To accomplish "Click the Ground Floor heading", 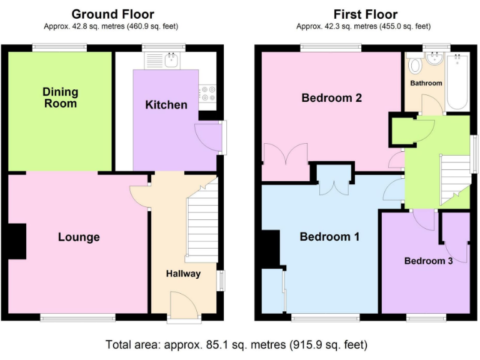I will pyautogui.click(x=112, y=14).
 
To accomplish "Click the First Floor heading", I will pyautogui.click(x=365, y=14).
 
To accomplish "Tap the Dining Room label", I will pyautogui.click(x=61, y=97).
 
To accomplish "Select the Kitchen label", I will pyautogui.click(x=166, y=104).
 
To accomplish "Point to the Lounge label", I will pyautogui.click(x=79, y=237).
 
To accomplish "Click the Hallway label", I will pyautogui.click(x=183, y=274).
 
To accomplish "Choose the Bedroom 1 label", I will pyautogui.click(x=329, y=236).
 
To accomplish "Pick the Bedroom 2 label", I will pyautogui.click(x=331, y=97).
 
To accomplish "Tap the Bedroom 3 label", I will pyautogui.click(x=428, y=261).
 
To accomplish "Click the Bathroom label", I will pyautogui.click(x=426, y=83).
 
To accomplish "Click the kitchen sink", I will pyautogui.click(x=171, y=61).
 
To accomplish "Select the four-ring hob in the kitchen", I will pyautogui.click(x=207, y=93).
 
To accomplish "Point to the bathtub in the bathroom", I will pyautogui.click(x=458, y=81).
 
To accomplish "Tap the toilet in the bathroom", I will pyautogui.click(x=413, y=66).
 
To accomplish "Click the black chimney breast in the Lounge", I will pyautogui.click(x=17, y=241).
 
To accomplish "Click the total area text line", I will pyautogui.click(x=240, y=344).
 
